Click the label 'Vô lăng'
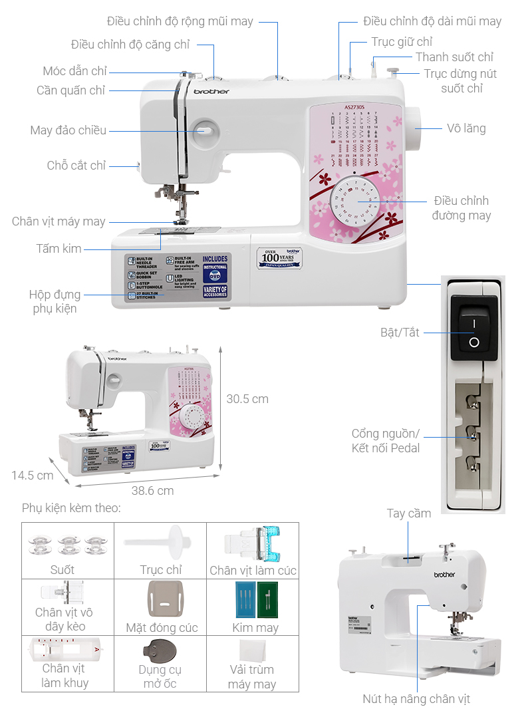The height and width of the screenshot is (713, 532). tap(466, 128)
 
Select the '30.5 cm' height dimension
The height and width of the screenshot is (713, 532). tap(247, 399)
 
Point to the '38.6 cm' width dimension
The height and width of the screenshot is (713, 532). tap(152, 491)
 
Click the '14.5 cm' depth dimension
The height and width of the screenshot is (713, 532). tap(32, 476)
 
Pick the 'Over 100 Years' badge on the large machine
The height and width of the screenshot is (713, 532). tap(279, 257)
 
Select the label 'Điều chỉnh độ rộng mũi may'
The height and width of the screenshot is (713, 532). tap(180, 21)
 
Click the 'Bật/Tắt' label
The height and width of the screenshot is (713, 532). tap(400, 332)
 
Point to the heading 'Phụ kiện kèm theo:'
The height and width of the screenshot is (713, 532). tap(71, 508)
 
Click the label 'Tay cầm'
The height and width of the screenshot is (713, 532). tap(409, 513)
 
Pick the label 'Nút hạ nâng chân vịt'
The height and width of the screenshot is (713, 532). tap(416, 699)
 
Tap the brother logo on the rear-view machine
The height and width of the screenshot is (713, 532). tap(444, 574)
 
